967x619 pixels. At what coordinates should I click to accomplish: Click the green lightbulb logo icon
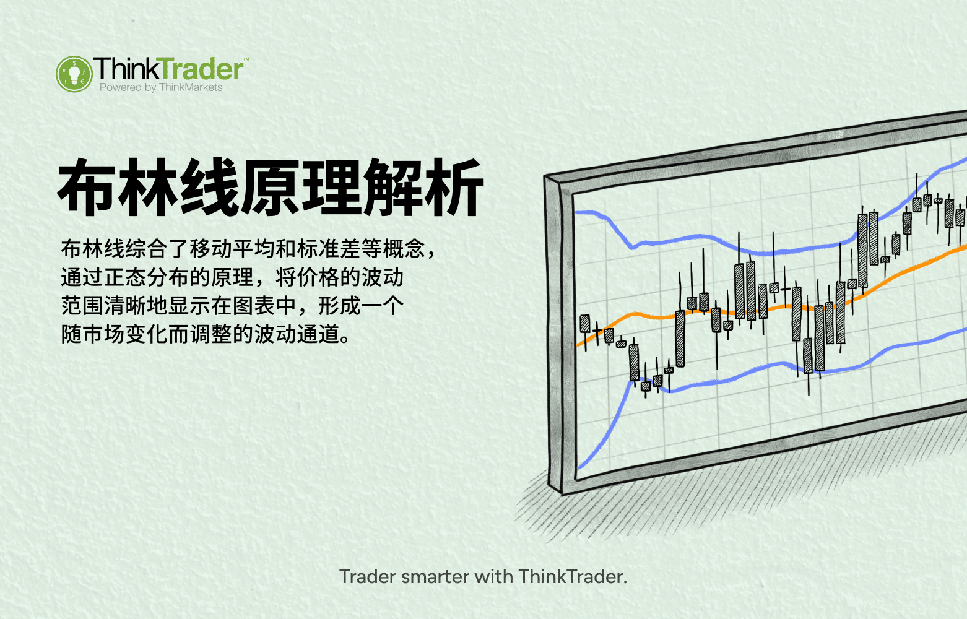click(x=74, y=74)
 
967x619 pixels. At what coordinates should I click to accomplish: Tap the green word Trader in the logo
click(x=199, y=69)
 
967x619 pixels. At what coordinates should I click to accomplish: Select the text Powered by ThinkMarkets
click(x=161, y=88)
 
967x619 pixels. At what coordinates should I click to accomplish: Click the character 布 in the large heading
click(x=87, y=187)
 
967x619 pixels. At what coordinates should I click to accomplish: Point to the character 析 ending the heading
click(x=454, y=187)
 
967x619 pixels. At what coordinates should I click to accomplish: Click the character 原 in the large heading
click(x=271, y=187)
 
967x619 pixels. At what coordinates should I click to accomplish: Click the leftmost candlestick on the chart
click(x=584, y=324)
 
